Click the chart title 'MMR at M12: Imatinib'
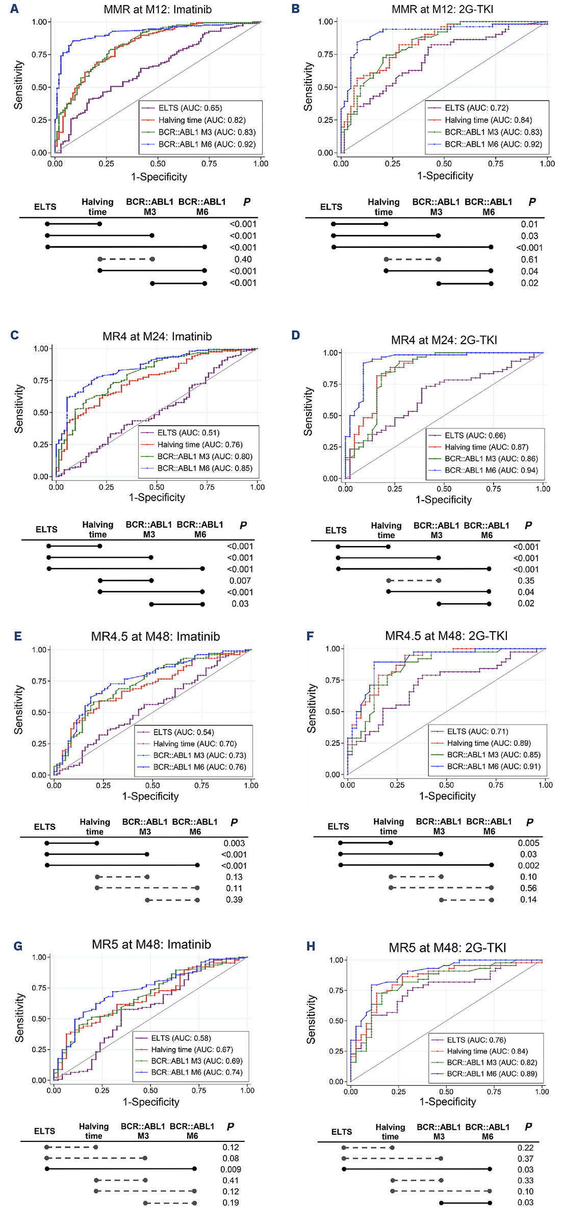coord(158,10)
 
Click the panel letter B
coord(295,9)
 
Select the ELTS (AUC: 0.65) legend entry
coord(190,108)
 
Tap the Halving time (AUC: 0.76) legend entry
coord(199,445)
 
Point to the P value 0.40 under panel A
coord(243,259)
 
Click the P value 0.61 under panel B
coord(529,259)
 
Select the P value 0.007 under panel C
coord(240,581)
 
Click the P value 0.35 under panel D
coord(526,581)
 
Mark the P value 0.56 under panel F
coord(528,888)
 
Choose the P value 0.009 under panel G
coord(230,1169)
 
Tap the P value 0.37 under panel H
coord(525,1159)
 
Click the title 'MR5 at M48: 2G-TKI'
coord(447,948)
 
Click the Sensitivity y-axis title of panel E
coord(19,710)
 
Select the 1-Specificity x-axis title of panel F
coord(447,796)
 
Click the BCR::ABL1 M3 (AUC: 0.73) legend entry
coord(199,755)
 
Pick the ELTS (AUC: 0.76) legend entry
coord(476,1040)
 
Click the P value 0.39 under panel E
coord(234,899)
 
